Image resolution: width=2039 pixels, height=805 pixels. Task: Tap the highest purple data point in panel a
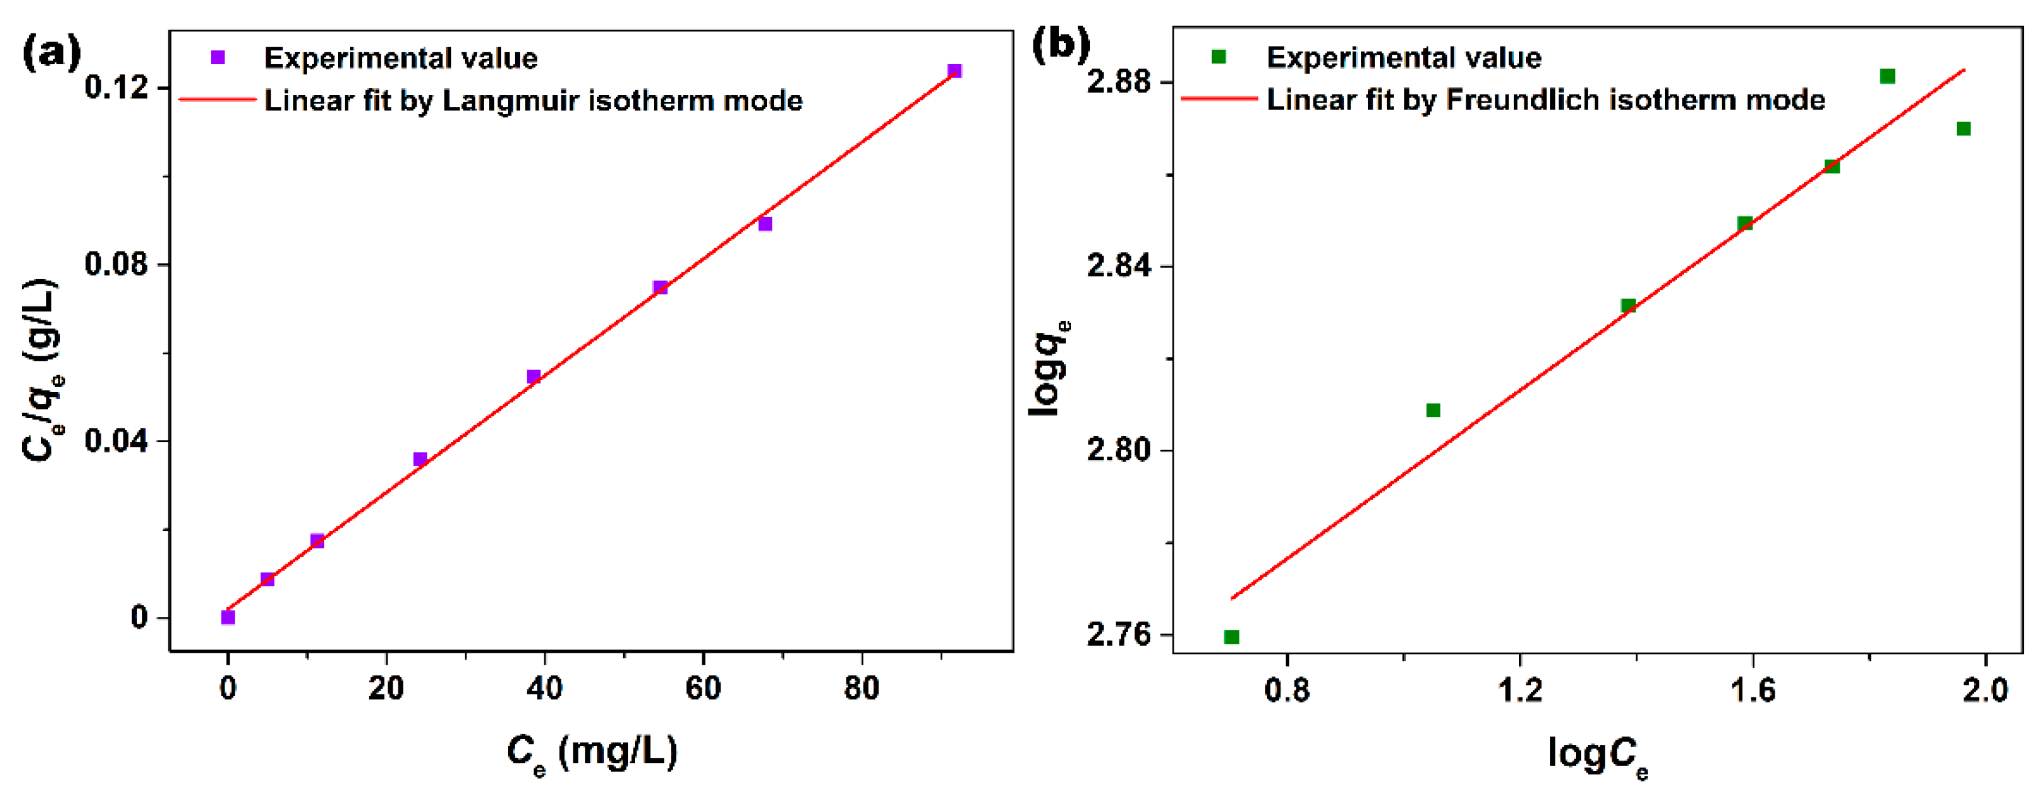pos(955,71)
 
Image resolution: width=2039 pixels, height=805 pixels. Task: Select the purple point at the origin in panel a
pos(228,617)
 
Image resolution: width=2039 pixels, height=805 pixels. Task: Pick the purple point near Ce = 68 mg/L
pos(765,224)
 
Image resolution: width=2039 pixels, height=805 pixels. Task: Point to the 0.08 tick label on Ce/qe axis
pos(116,264)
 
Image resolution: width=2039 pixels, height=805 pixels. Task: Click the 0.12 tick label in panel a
pos(116,86)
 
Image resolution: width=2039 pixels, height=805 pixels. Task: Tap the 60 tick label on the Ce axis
pos(703,689)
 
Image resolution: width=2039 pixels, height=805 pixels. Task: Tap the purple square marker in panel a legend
pos(218,57)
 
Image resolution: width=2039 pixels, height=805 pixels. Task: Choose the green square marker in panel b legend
pos(1219,56)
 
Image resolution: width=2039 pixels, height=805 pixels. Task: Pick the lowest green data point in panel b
pos(1232,637)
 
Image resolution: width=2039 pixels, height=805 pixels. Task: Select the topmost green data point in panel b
pos(1887,76)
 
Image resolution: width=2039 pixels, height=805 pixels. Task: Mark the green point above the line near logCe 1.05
pos(1433,410)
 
